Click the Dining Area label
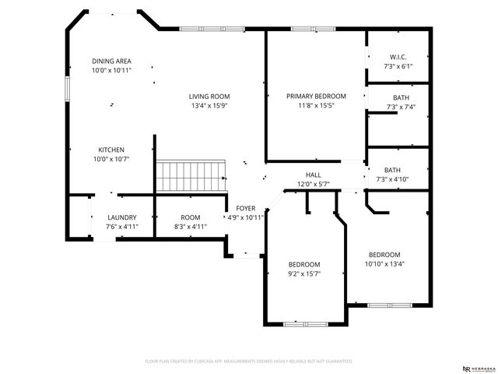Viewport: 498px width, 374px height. tap(111, 61)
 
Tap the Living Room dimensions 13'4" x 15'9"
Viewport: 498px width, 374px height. tap(209, 106)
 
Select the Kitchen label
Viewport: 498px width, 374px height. tap(111, 150)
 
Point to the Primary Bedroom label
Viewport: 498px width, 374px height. tap(316, 96)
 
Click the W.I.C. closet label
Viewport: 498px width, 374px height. tap(398, 57)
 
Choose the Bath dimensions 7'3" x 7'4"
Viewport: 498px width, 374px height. tap(398, 107)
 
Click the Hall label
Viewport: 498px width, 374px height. tap(313, 175)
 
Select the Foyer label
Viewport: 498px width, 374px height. tap(246, 208)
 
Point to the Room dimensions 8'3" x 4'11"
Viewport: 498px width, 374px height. tap(191, 227)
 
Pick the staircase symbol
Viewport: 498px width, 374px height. tap(191, 175)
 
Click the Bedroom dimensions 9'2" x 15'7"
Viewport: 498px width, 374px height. tap(304, 273)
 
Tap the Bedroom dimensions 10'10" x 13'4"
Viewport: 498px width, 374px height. tap(384, 263)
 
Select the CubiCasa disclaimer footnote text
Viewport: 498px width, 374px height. tap(249, 362)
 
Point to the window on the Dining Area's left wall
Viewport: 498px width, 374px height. tap(67, 86)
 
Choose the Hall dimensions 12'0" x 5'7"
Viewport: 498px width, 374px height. tap(313, 184)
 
